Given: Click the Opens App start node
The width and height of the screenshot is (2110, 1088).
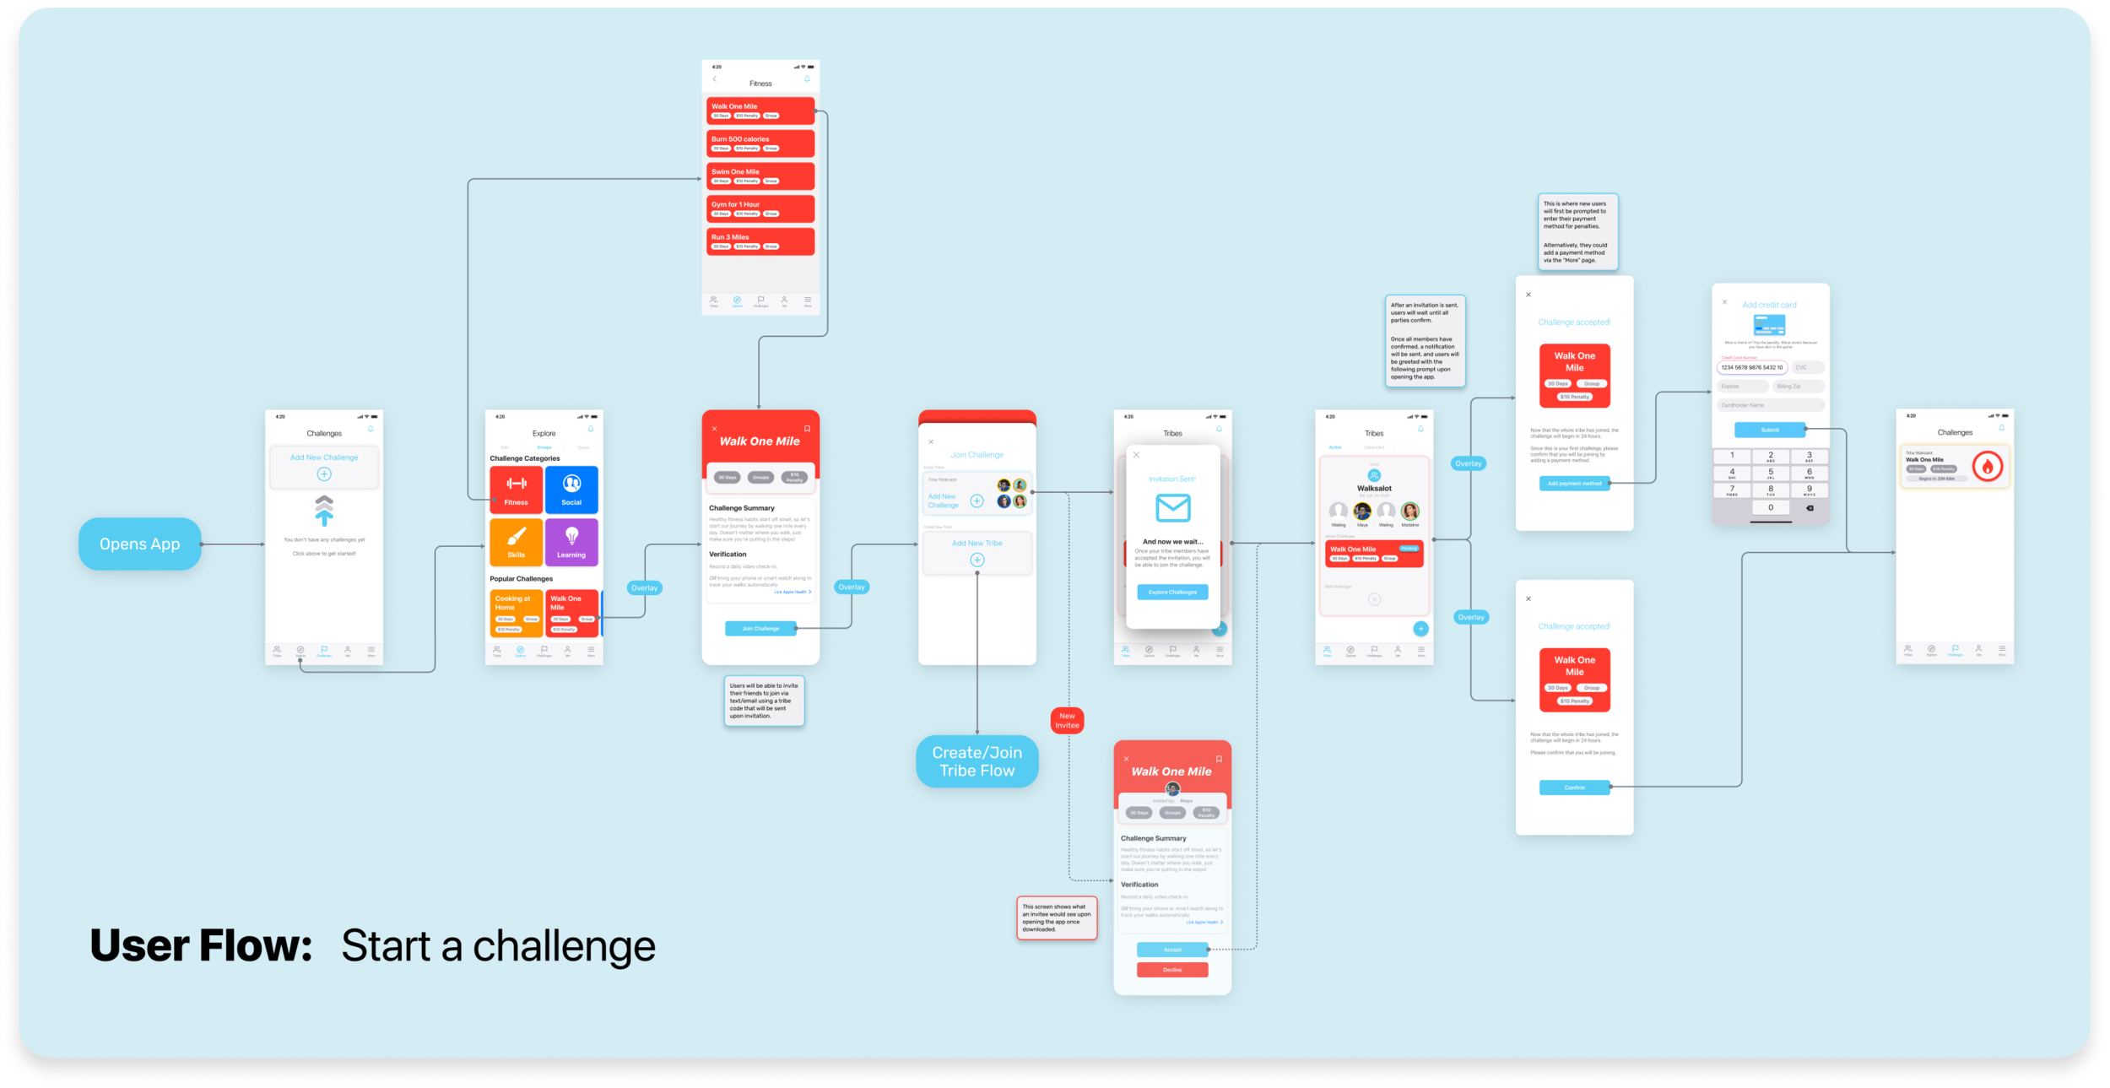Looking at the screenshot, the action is tap(140, 544).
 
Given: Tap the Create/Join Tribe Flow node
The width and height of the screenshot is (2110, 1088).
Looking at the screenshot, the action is tap(977, 761).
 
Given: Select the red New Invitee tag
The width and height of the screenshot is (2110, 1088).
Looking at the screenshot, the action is tap(1067, 721).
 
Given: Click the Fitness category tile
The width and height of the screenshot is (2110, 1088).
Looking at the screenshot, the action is tap(517, 490).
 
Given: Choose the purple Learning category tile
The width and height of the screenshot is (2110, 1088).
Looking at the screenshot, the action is tap(571, 542).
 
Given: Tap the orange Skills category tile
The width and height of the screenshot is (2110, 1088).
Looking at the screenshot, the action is tap(517, 542).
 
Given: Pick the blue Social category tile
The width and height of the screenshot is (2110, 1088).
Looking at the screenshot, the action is tap(571, 490).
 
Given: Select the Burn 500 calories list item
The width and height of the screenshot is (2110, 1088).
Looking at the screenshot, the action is tap(760, 143).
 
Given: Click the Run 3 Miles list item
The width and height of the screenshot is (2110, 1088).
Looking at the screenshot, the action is tap(760, 241).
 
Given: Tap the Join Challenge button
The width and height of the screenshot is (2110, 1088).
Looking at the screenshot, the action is tap(760, 629).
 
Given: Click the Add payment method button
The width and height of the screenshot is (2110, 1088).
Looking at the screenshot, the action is tap(1575, 484).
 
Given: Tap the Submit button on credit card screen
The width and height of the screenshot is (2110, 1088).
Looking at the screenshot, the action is tap(1770, 430).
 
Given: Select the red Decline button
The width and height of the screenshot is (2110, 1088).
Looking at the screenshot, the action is tap(1172, 970).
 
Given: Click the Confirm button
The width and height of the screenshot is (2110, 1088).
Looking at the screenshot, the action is tap(1575, 788).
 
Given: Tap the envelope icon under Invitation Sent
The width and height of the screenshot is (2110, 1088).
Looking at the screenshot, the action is tap(1173, 508).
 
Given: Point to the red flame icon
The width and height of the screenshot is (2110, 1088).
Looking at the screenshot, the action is tap(1988, 466).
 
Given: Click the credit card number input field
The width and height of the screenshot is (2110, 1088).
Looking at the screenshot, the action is tap(1752, 367).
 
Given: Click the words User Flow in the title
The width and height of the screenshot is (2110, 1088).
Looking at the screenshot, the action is tap(201, 946).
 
